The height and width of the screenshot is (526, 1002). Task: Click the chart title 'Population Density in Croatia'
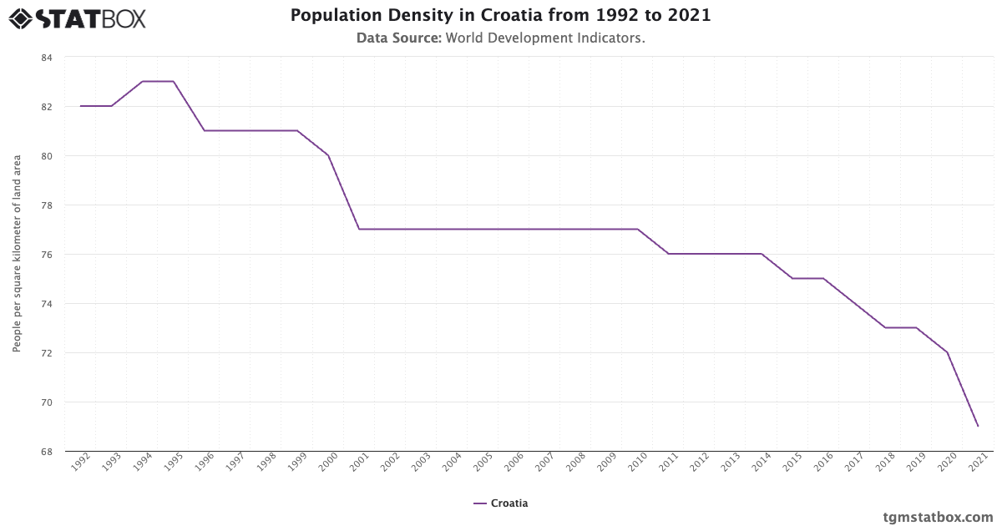pyautogui.click(x=500, y=16)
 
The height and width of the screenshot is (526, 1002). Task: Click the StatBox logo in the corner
pyautogui.click(x=78, y=18)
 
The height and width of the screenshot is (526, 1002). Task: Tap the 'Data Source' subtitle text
pyautogui.click(x=500, y=38)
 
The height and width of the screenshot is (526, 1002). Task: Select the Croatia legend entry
pyautogui.click(x=500, y=503)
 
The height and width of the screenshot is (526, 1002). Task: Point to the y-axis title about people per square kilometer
pyautogui.click(x=17, y=254)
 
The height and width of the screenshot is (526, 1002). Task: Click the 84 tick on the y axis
pyautogui.click(x=46, y=58)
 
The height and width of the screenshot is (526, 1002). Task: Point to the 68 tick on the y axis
pyautogui.click(x=46, y=452)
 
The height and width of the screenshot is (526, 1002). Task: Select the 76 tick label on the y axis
pyautogui.click(x=46, y=255)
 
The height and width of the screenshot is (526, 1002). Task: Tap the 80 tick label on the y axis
pyautogui.click(x=46, y=156)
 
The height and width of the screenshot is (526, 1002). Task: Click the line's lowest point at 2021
pyautogui.click(x=978, y=427)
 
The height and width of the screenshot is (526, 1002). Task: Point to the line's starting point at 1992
pyautogui.click(x=81, y=106)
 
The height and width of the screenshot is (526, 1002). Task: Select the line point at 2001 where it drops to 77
pyautogui.click(x=359, y=229)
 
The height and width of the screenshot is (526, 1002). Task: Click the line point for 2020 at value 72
pyautogui.click(x=947, y=352)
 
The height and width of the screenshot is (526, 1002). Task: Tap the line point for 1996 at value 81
pyautogui.click(x=205, y=130)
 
